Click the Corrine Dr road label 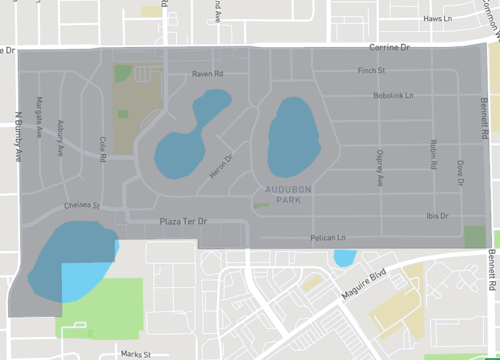[x=390, y=47]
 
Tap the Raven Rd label [x=207, y=74]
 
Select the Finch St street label [x=371, y=70]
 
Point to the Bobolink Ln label [x=372, y=96]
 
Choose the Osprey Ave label [x=379, y=169]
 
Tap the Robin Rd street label [x=433, y=154]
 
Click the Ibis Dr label [x=436, y=215]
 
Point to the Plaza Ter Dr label [x=182, y=221]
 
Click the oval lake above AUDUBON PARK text [x=292, y=137]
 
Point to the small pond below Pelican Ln [x=343, y=258]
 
